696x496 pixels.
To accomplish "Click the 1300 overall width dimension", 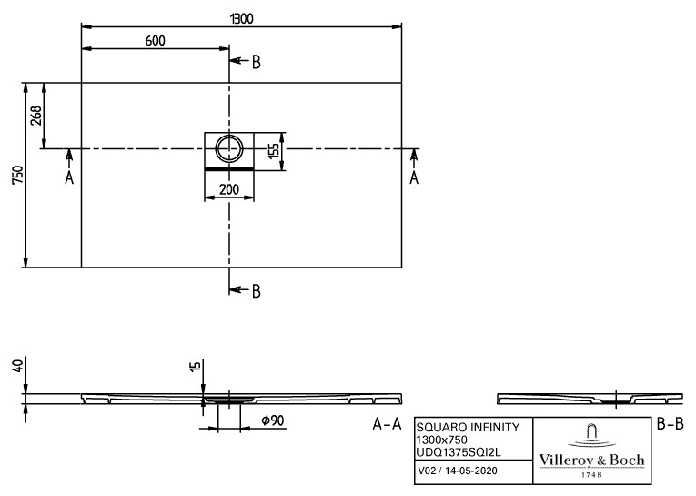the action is (241, 18).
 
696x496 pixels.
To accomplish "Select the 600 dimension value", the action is (156, 41).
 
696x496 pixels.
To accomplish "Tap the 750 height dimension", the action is (17, 176).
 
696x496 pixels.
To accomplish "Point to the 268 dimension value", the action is (35, 116).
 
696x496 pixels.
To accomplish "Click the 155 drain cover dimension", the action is (274, 151).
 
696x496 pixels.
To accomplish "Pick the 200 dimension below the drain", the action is (229, 189).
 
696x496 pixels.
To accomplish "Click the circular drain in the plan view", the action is (229, 148).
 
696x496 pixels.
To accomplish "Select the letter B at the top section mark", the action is (257, 63).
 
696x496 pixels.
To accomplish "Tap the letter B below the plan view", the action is (257, 291).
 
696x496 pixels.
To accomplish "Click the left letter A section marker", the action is (69, 178).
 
